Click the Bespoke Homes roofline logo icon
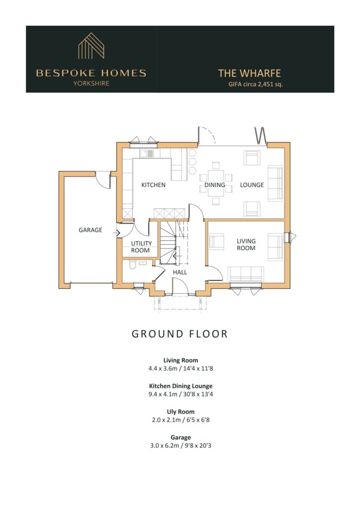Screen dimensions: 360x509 click(91, 46)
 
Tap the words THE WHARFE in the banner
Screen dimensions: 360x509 click(249, 74)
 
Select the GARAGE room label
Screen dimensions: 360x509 click(90, 230)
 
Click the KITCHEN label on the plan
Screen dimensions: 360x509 click(153, 185)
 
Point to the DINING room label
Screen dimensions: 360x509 click(215, 185)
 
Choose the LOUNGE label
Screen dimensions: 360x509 click(252, 185)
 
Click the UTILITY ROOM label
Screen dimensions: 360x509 click(141, 247)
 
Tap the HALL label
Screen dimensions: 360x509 click(180, 272)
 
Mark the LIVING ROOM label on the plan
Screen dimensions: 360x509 click(246, 245)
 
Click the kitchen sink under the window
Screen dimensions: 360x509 click(147, 153)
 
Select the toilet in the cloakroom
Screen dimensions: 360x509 click(132, 264)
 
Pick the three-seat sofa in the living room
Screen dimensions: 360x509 click(246, 274)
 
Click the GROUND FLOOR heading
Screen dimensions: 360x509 click(180, 334)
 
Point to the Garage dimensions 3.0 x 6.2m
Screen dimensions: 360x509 click(165, 445)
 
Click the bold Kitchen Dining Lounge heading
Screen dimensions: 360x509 click(181, 386)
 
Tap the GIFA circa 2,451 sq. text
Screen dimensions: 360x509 click(256, 84)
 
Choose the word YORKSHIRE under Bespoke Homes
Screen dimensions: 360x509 click(91, 83)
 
